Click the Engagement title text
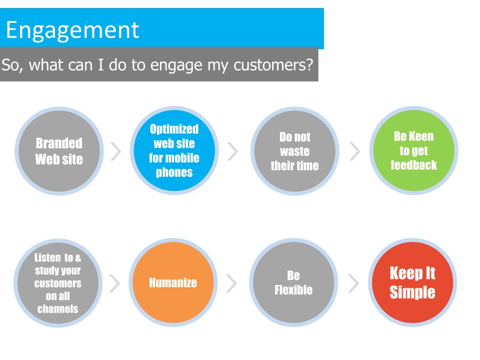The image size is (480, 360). [x=73, y=30]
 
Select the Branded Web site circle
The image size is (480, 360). [x=59, y=151]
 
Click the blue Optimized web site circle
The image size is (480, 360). [x=173, y=150]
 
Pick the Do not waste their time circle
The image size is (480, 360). [x=294, y=151]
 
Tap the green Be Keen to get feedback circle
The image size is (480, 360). [x=413, y=150]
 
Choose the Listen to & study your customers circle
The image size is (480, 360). [x=58, y=283]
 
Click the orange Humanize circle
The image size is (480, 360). [x=173, y=283]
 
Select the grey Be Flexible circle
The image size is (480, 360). [x=293, y=283]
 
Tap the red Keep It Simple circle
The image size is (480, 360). [x=412, y=283]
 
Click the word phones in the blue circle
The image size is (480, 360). [x=174, y=172]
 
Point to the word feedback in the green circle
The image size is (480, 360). [x=413, y=165]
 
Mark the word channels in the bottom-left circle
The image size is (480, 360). [x=58, y=309]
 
